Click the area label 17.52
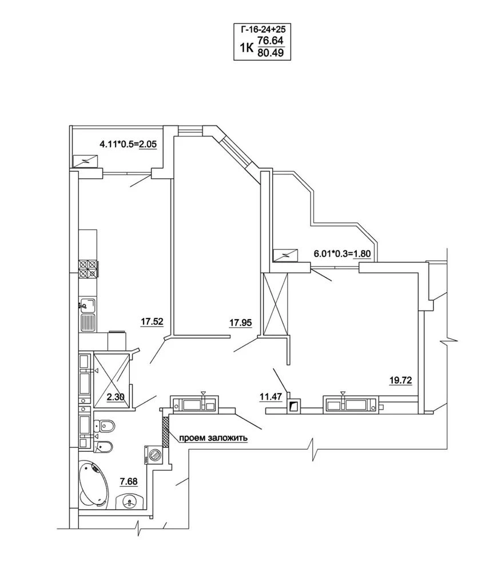tap(152, 321)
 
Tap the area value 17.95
tap(241, 322)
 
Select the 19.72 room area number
tap(400, 380)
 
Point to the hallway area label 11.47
tap(271, 396)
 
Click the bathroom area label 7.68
tap(129, 482)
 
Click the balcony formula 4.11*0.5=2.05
tap(128, 144)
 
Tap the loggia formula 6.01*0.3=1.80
tap(342, 253)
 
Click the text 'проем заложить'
tap(213, 438)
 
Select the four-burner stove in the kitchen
tap(88, 268)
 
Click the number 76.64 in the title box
tap(271, 40)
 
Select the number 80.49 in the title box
tap(271, 53)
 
